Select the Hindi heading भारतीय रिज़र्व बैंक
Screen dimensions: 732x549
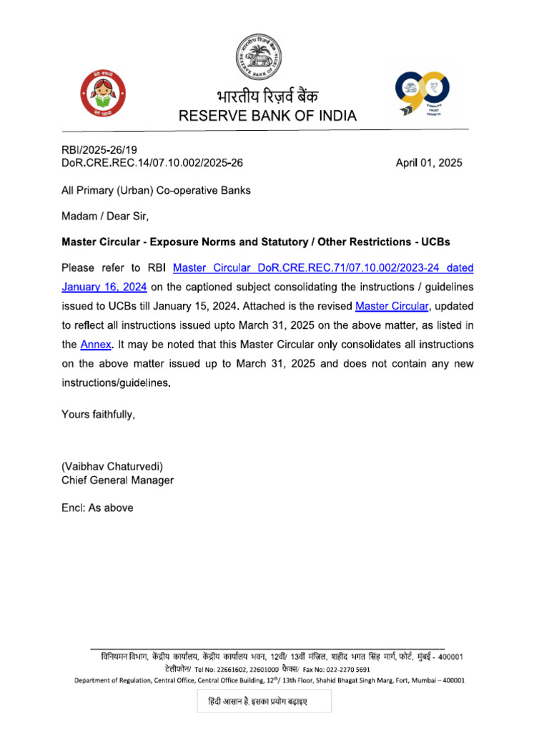(x=266, y=97)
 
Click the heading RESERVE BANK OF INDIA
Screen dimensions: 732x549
(x=267, y=116)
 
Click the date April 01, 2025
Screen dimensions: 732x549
(x=429, y=162)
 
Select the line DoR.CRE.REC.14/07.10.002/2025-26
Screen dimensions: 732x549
(x=152, y=162)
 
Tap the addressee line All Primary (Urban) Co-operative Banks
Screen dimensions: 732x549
(x=156, y=190)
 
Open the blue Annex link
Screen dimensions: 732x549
(x=96, y=345)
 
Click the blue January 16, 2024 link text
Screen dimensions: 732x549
(x=104, y=287)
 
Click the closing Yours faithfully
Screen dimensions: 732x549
(x=98, y=414)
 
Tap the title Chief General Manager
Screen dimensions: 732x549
(x=117, y=480)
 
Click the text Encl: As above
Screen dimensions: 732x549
(x=97, y=508)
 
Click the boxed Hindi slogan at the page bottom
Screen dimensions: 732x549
(x=264, y=702)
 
